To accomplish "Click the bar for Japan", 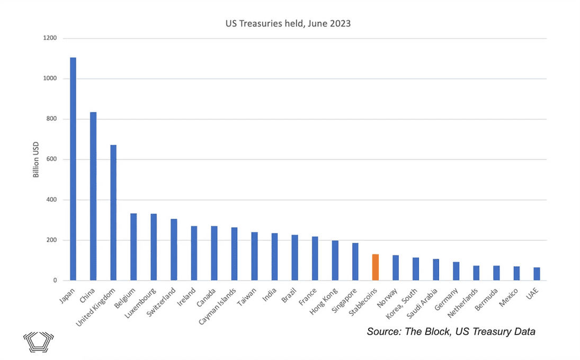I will coord(73,169).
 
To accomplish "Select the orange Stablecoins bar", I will coord(376,267).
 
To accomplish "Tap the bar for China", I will coord(93,196).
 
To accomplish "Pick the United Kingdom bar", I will coord(113,212).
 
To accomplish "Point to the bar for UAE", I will coord(537,274).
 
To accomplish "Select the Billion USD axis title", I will coord(37,159).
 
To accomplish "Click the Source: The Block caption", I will coord(451,332).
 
